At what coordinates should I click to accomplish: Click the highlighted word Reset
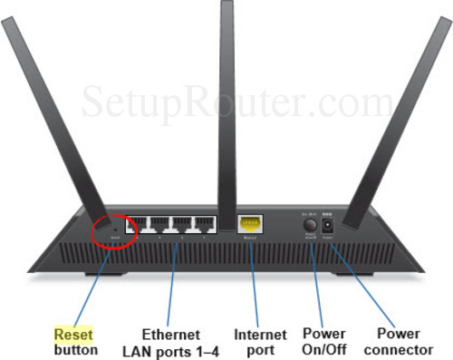point(72,334)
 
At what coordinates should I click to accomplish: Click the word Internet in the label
point(260,335)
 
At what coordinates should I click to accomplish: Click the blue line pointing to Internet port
point(253,281)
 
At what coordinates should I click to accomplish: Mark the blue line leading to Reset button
point(94,285)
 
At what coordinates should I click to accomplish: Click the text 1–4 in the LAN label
point(203,349)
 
